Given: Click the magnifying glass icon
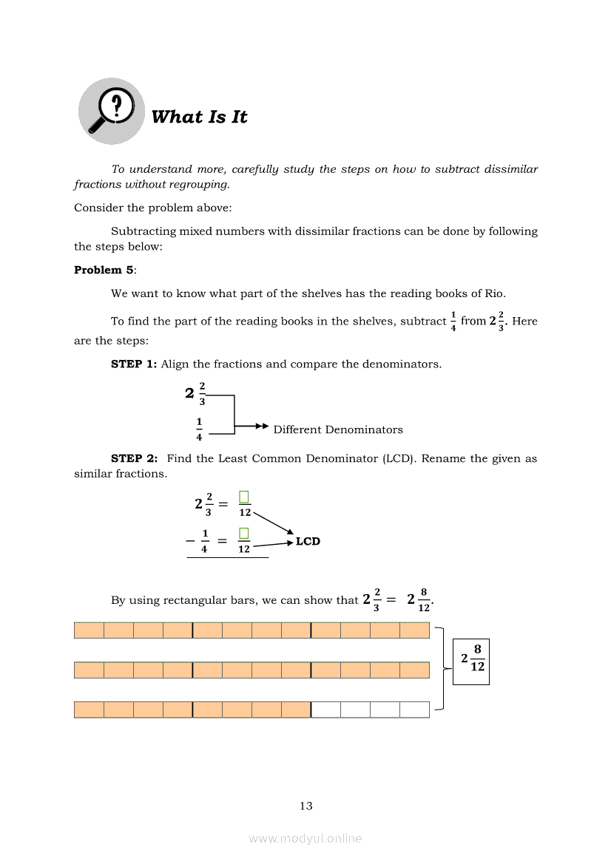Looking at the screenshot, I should [112, 111].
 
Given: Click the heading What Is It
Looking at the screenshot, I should [199, 117].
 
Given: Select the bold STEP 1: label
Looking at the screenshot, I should [134, 364].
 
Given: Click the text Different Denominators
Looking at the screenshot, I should [338, 429].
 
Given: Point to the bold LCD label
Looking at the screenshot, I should [308, 541].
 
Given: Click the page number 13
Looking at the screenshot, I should [306, 806].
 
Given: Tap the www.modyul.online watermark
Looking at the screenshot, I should [305, 838].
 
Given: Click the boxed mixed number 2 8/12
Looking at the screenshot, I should [471, 657].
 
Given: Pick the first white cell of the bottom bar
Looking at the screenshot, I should [326, 710].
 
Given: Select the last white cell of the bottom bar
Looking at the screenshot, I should [414, 710].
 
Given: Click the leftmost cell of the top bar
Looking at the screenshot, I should [89, 630].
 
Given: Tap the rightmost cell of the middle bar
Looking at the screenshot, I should [414, 670].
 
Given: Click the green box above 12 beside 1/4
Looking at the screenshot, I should [244, 533].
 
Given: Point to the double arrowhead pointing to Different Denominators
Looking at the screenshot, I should [260, 426].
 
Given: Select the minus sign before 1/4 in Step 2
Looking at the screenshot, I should [190, 540].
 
